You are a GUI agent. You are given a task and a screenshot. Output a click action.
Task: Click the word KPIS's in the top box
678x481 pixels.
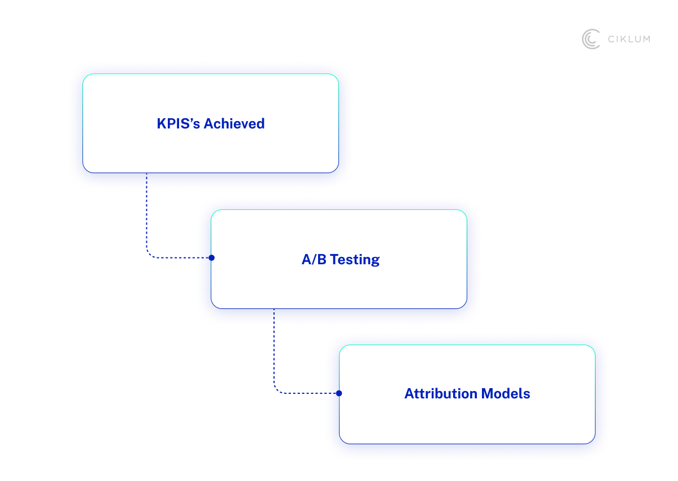click(178, 123)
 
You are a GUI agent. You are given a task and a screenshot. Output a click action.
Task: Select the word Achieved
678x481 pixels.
click(234, 123)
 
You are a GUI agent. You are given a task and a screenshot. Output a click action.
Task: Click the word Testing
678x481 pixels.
click(354, 260)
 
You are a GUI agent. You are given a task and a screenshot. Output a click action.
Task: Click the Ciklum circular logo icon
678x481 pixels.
click(591, 39)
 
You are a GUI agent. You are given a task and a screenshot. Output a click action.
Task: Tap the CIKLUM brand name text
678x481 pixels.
click(628, 39)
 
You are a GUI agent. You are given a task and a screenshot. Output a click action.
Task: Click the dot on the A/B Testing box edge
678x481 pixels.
click(211, 257)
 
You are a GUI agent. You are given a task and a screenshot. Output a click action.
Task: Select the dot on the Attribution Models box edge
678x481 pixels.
click(339, 393)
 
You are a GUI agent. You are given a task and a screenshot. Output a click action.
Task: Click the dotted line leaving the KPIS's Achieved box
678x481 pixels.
click(146, 209)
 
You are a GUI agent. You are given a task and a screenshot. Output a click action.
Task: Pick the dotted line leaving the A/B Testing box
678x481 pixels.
click(274, 345)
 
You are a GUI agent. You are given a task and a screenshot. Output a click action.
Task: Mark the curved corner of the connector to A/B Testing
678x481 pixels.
click(149, 255)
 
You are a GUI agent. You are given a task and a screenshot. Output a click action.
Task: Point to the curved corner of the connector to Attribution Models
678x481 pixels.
click(277, 390)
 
